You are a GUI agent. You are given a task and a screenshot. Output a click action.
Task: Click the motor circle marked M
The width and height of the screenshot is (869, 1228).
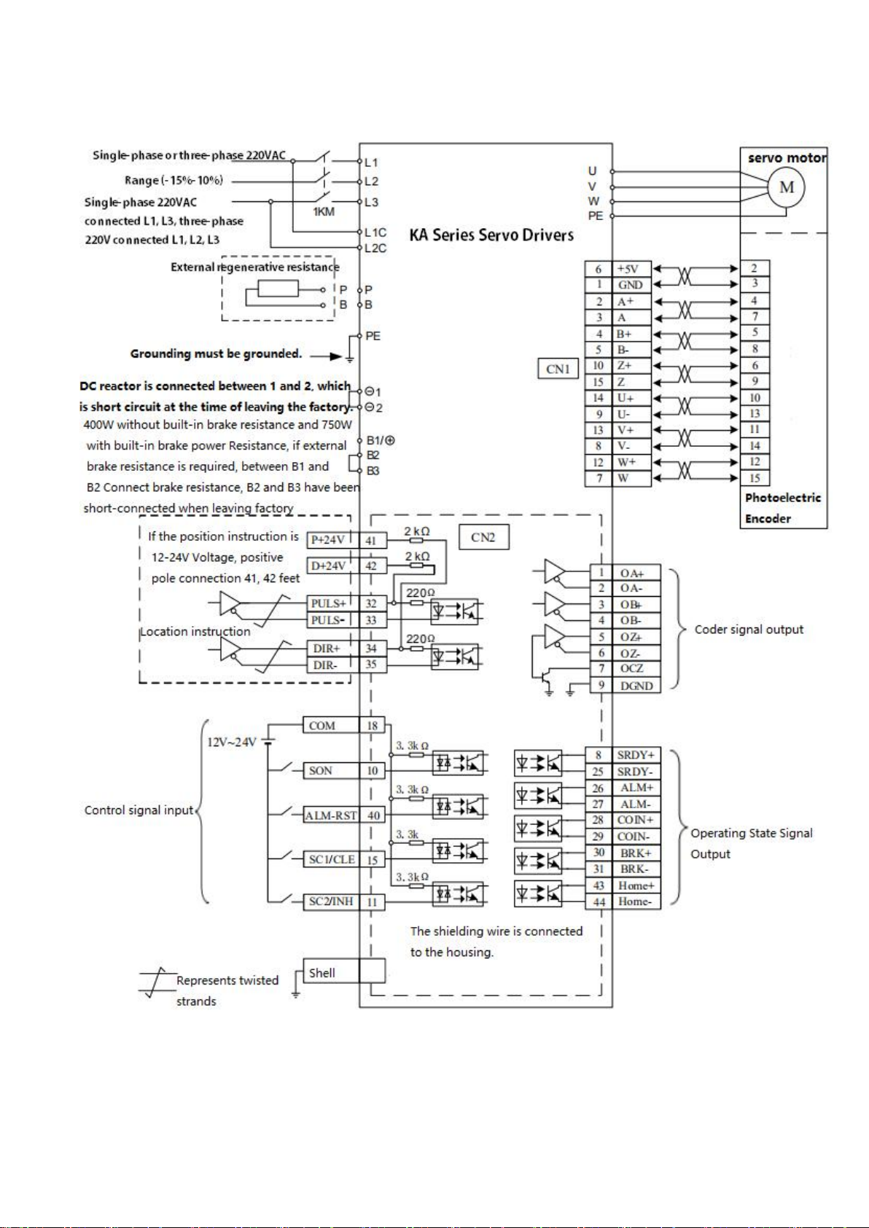pos(786,187)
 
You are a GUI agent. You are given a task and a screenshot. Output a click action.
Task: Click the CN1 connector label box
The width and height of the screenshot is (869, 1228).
pos(558,369)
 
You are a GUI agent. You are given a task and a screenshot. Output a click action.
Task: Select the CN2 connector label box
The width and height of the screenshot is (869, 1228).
pos(483,537)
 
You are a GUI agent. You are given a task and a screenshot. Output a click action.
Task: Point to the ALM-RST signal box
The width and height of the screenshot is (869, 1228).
pos(331,816)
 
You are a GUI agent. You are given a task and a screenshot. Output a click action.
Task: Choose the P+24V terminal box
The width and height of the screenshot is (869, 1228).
pos(328,540)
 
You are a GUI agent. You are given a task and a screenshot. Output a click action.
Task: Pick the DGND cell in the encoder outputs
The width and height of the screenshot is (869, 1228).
pos(636,686)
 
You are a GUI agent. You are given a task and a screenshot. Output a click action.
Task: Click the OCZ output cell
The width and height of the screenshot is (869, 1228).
pos(636,669)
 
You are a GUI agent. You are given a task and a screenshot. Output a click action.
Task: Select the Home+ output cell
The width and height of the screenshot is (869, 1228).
pos(636,885)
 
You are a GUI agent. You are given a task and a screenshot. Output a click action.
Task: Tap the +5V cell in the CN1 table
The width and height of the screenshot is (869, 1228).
pos(631,269)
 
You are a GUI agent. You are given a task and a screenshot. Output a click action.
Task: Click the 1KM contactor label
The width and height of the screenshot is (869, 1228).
pos(324,212)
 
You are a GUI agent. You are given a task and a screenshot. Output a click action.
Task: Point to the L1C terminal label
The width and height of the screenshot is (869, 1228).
pos(375,232)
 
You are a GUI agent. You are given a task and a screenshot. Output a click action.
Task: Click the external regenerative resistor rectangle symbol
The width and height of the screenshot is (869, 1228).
pos(278,289)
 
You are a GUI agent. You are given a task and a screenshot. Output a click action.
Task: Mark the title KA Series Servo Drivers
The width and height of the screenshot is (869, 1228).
pos(491,235)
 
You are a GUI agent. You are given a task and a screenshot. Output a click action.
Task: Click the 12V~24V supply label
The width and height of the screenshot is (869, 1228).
pos(231,743)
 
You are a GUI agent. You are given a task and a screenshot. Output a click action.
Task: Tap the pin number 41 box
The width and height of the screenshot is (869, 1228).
pos(372,541)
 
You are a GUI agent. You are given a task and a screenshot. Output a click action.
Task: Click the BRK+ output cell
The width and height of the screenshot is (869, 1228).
pos(636,853)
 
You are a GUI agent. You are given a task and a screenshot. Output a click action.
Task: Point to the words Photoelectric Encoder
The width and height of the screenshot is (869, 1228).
pos(783,508)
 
